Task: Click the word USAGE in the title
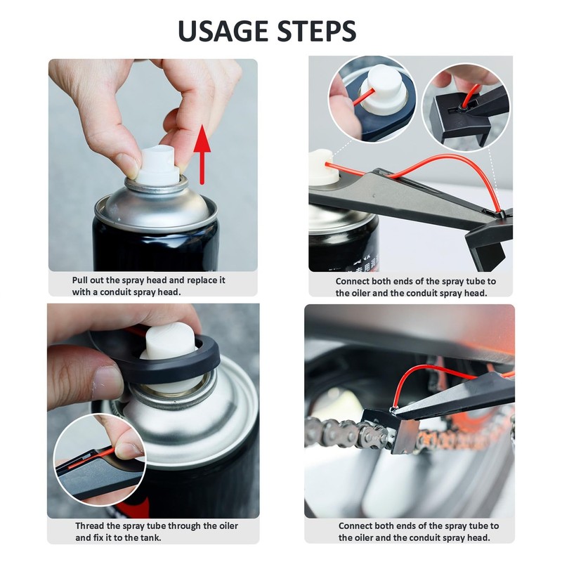point(223,31)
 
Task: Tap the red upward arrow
point(202,155)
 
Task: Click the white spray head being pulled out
point(158,166)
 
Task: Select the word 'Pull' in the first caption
point(79,280)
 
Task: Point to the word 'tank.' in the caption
point(150,537)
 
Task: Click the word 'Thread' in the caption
point(90,525)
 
